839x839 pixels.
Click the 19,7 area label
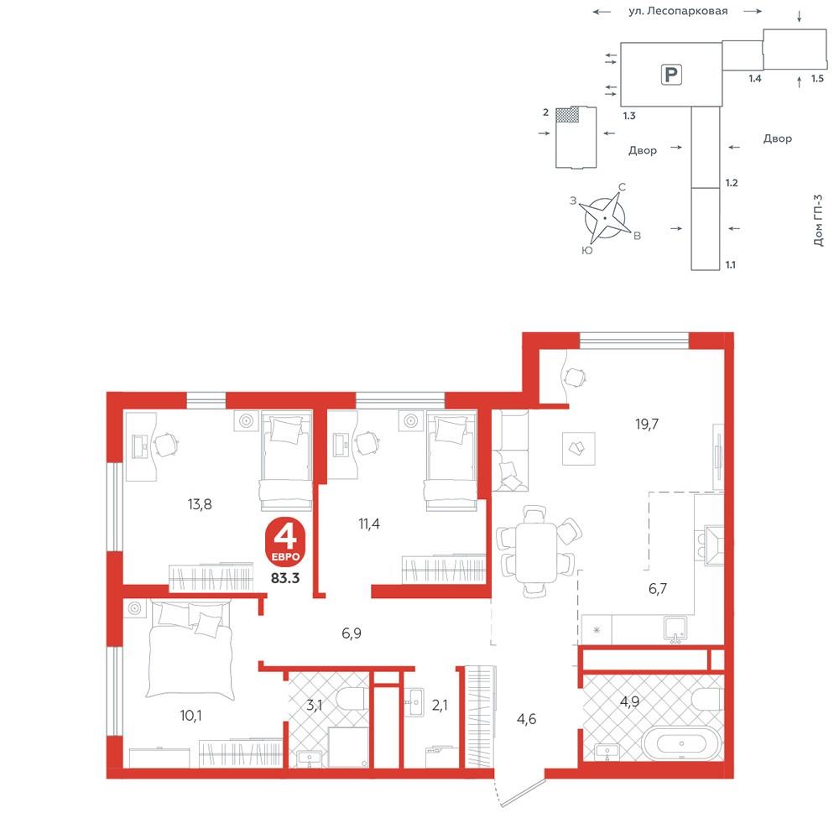click(646, 425)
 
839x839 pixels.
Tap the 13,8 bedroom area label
click(200, 504)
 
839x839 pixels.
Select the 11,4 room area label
click(369, 524)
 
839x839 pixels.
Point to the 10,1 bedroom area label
click(191, 716)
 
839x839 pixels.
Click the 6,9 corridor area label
click(352, 633)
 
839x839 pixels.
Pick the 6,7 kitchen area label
click(658, 589)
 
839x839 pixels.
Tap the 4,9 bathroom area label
click(630, 701)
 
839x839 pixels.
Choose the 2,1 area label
click(440, 706)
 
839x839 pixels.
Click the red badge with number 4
click(285, 541)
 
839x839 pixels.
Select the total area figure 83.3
click(285, 578)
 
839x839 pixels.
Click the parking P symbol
click(671, 74)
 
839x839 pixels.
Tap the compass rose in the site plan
click(605, 218)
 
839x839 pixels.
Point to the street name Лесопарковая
click(687, 11)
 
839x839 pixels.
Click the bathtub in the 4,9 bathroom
click(681, 743)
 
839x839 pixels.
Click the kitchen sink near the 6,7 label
click(675, 628)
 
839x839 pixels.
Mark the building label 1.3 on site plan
click(629, 116)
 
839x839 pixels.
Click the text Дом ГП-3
click(818, 220)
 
